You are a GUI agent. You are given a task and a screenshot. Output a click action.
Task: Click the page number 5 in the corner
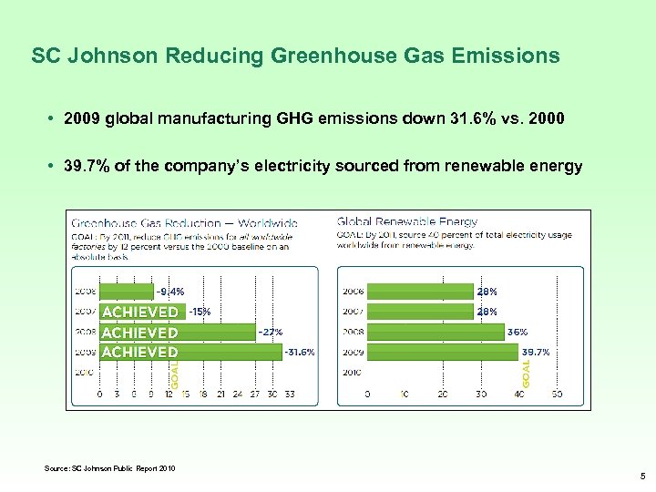(641, 475)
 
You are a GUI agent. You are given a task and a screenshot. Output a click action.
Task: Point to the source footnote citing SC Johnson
(110, 469)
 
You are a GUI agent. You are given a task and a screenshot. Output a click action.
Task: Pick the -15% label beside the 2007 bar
(200, 312)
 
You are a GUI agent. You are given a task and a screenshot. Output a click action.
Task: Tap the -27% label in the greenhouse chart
(271, 332)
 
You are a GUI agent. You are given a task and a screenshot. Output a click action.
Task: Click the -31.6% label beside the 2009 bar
(300, 352)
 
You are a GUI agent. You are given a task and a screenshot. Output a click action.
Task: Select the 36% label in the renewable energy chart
(518, 332)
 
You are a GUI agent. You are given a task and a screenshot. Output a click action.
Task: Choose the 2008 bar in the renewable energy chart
(435, 332)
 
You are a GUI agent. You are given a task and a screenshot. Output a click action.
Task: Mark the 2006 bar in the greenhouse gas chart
(126, 292)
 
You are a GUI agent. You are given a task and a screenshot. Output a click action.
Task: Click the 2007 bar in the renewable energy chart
(419, 312)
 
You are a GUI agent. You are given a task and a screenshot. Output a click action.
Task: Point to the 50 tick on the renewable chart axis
(556, 395)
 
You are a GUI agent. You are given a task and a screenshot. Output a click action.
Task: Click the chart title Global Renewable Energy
(407, 221)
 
